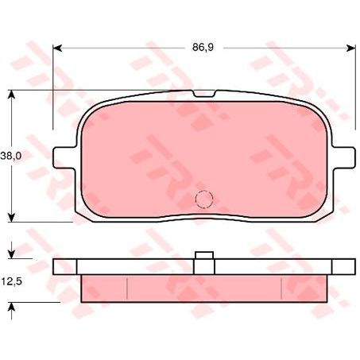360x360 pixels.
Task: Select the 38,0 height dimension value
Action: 11,157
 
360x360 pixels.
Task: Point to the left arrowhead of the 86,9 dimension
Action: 58,48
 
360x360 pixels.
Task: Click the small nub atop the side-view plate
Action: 204,255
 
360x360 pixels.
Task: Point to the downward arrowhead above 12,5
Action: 12,254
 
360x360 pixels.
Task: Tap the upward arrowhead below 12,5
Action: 12,306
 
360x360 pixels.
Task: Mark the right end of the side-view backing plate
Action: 351,267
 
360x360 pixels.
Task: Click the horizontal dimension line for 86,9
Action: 127,48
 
